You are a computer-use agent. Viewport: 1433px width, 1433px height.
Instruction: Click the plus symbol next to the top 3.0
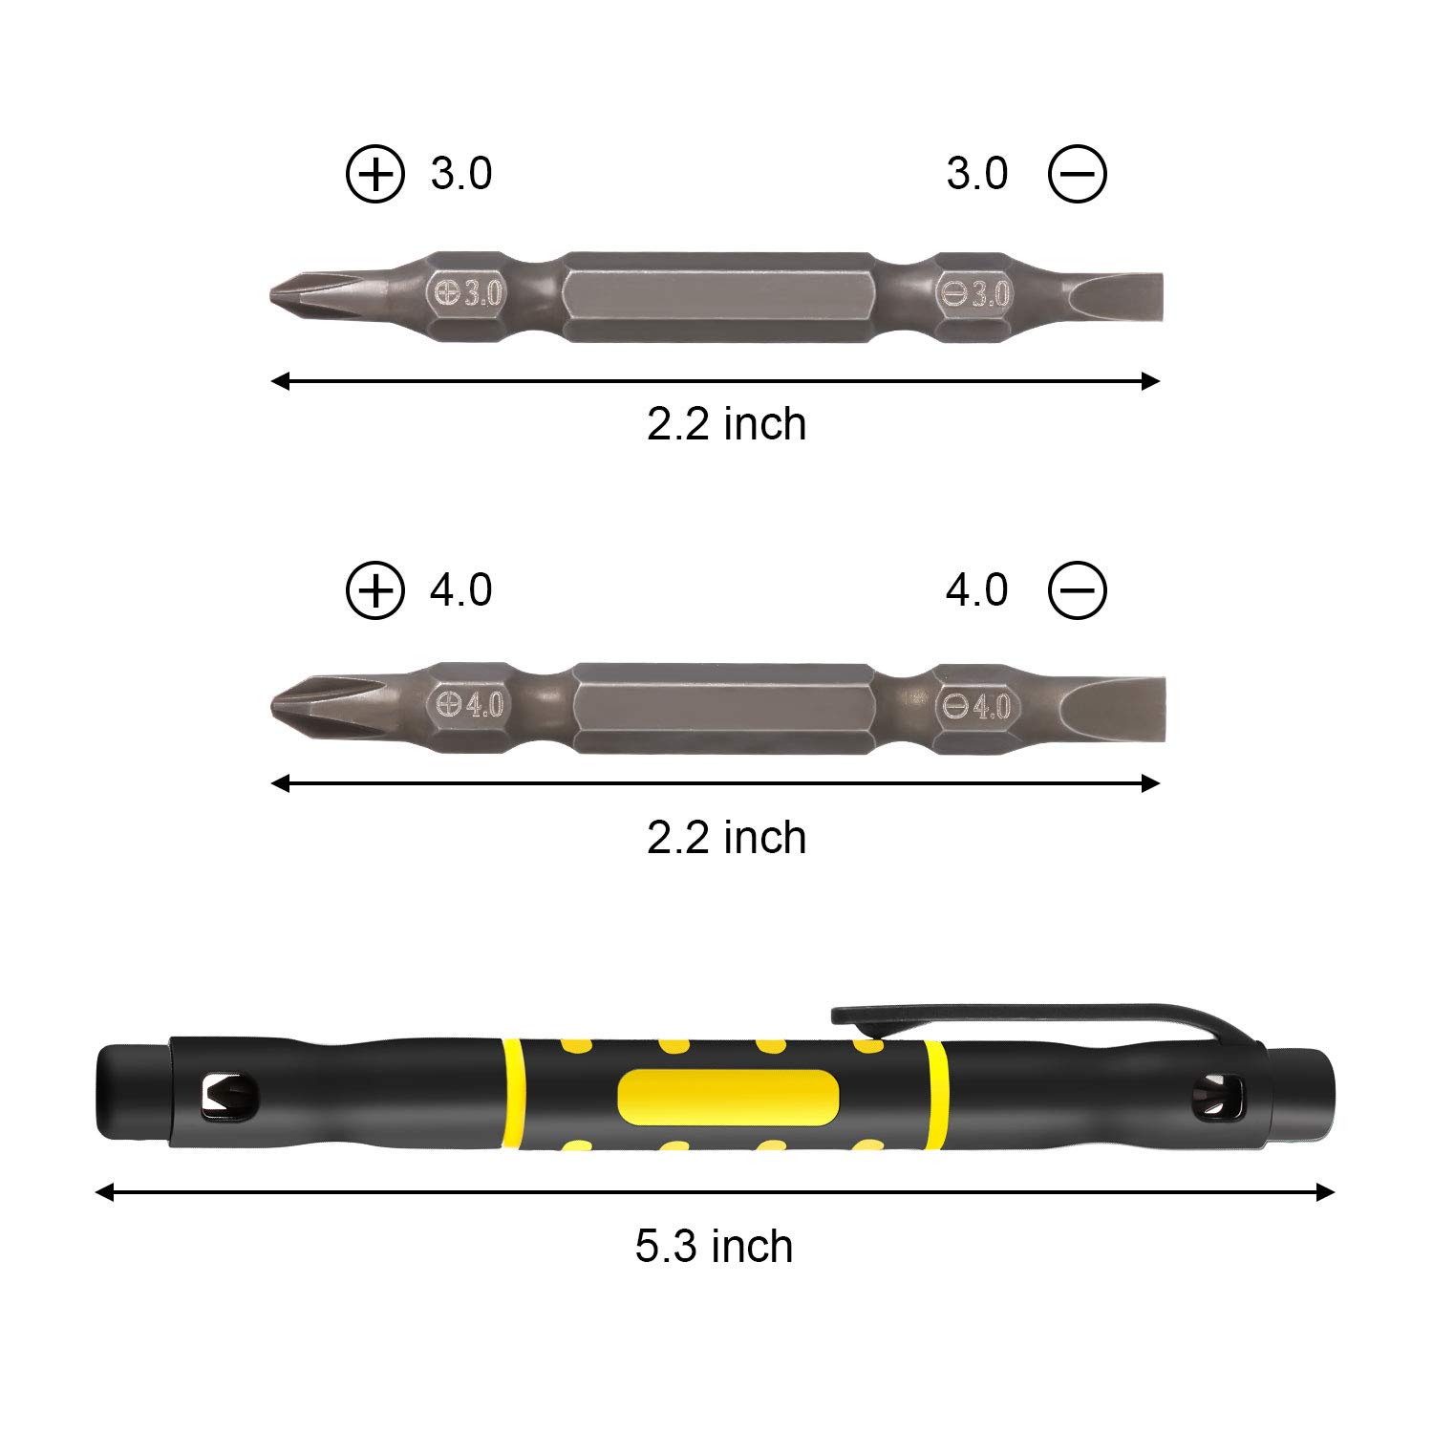click(x=375, y=175)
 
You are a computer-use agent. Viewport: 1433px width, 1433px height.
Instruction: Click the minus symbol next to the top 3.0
click(x=1078, y=175)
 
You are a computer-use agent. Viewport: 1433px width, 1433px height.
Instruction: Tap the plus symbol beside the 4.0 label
click(x=375, y=590)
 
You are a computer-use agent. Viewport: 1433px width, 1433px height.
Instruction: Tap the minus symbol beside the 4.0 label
click(x=1078, y=590)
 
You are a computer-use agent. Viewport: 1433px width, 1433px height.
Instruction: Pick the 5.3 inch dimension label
click(x=715, y=1248)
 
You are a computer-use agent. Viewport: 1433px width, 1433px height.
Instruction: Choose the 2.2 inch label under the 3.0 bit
click(x=726, y=424)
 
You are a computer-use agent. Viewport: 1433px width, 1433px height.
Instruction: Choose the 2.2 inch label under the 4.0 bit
click(x=726, y=838)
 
